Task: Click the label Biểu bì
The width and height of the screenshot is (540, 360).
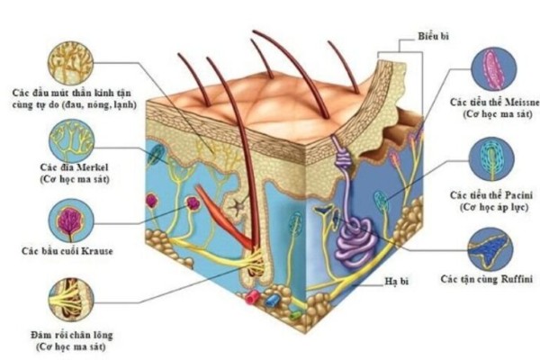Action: coord(434,37)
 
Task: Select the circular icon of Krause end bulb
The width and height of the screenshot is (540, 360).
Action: coord(71,220)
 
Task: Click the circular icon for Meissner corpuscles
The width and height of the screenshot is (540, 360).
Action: coord(493,70)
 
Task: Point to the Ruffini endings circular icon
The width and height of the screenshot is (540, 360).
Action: coord(492,248)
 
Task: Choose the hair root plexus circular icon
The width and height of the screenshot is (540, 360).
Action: coord(70,301)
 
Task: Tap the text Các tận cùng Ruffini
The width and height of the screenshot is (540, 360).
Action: coord(487,280)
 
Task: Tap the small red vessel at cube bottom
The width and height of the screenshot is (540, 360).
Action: coord(255,296)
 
